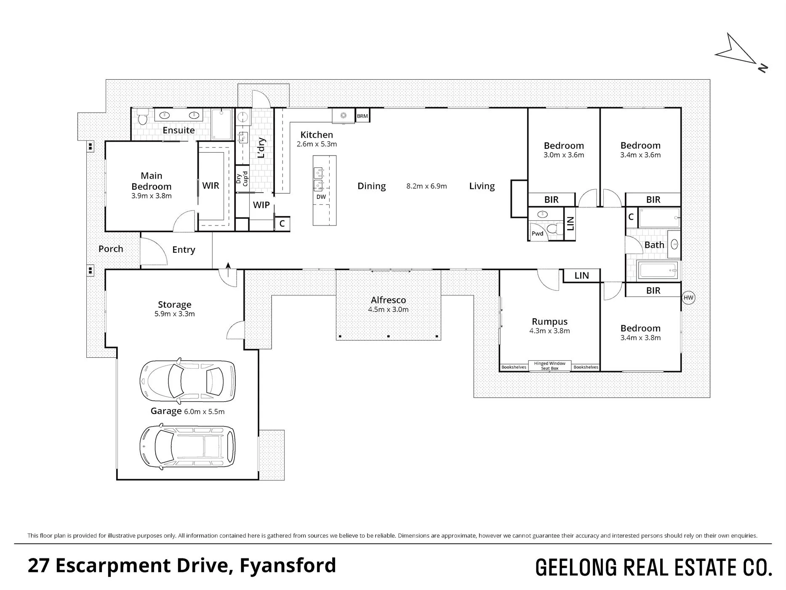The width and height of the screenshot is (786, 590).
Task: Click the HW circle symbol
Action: [x=688, y=298]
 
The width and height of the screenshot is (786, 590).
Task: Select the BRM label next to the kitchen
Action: [x=362, y=116]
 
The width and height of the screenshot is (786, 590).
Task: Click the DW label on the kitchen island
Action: [x=321, y=197]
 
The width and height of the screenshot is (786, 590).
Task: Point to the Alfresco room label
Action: [x=388, y=300]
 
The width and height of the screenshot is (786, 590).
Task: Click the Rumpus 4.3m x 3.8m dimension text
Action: [x=549, y=331]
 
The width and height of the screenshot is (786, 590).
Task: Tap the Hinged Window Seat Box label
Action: [x=549, y=366]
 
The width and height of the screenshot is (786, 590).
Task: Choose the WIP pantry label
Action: [x=261, y=205]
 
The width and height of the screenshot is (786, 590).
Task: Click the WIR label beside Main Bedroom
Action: [x=210, y=186]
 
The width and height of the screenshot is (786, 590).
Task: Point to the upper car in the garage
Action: [x=187, y=381]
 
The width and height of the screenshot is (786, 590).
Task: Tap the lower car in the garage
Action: [x=187, y=446]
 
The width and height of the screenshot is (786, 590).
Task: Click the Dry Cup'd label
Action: [x=242, y=180]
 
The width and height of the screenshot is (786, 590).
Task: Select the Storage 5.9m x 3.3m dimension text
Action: [x=174, y=314]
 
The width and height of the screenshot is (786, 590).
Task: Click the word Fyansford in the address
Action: [x=288, y=566]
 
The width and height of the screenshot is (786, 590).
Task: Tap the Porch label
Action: [x=111, y=249]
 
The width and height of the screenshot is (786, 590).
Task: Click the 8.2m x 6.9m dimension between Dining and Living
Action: [x=426, y=186]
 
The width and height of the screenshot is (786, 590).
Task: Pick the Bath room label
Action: [x=654, y=245]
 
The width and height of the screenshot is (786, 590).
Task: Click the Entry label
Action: [x=184, y=250]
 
